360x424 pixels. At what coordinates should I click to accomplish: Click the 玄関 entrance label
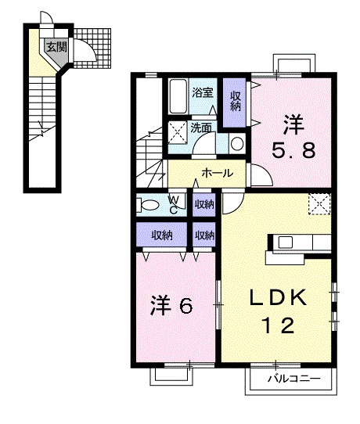(56, 48)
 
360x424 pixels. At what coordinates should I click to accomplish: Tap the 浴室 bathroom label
(203, 93)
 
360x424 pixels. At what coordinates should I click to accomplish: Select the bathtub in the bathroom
(178, 96)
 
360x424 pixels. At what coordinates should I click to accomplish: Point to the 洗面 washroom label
(201, 128)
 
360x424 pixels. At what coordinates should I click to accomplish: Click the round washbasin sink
(237, 144)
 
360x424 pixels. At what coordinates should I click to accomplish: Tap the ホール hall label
(218, 173)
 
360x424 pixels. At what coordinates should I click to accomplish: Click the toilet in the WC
(148, 205)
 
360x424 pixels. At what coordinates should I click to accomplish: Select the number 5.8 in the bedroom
(293, 151)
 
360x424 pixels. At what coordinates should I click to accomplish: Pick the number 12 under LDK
(278, 325)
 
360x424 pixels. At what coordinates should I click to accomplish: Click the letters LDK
(278, 297)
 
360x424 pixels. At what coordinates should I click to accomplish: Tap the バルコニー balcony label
(293, 379)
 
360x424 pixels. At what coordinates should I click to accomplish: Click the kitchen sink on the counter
(286, 242)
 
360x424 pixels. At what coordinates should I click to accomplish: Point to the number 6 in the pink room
(185, 307)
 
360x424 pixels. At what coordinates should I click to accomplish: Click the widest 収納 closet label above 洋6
(162, 235)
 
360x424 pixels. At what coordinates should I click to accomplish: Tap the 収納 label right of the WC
(205, 204)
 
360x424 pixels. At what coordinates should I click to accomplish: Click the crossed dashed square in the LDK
(320, 204)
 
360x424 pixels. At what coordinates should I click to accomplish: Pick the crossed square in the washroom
(178, 131)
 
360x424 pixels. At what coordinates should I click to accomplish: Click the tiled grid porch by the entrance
(92, 49)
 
